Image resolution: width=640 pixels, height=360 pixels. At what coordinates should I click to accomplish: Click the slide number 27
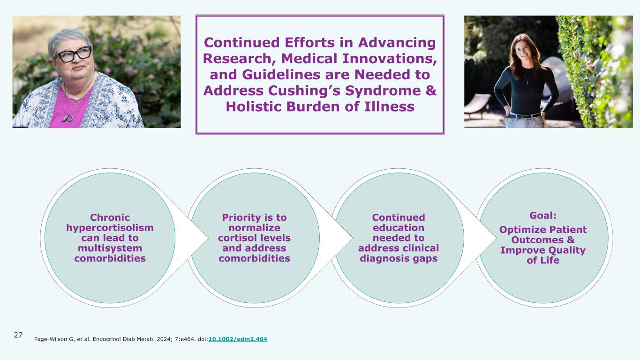[x=18, y=335]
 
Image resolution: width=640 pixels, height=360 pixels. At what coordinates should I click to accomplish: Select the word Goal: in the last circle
[x=542, y=216]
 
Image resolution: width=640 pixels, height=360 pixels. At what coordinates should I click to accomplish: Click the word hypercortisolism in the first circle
[x=110, y=228]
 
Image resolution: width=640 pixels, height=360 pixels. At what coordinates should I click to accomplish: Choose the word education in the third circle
[x=398, y=227]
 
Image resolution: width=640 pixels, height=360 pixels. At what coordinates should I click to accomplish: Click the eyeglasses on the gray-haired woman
[x=74, y=54]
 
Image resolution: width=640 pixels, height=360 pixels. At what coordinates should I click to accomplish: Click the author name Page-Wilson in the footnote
[x=52, y=338]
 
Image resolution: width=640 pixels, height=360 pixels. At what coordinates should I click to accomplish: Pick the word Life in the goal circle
[x=549, y=261]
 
